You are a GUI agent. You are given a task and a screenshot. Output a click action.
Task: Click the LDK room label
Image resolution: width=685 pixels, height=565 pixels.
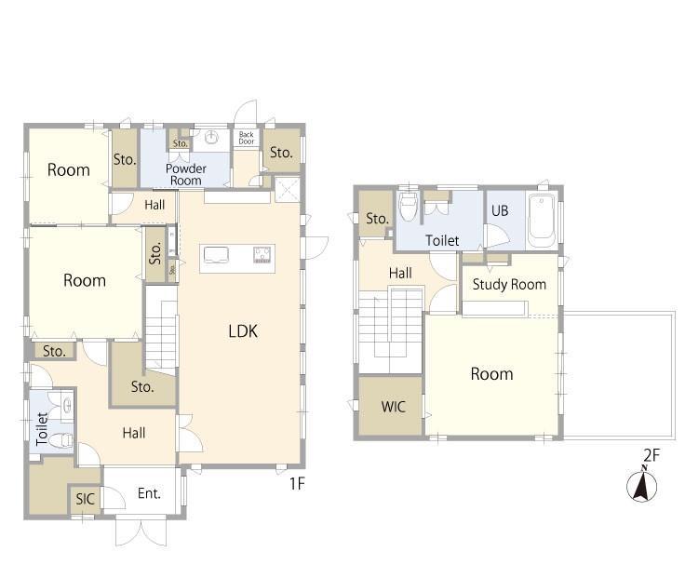[243, 330]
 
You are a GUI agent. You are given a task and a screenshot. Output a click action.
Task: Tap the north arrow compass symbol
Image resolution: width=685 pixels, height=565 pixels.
[642, 485]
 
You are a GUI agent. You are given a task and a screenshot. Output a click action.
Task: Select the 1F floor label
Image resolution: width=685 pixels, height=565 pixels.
[297, 483]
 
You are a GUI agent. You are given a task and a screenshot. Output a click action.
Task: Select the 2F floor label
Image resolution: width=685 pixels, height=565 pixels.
[651, 455]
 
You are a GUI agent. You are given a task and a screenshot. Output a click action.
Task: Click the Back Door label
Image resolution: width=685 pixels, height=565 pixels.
[247, 138]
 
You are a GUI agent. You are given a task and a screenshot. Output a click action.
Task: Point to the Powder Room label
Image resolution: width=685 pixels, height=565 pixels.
[185, 174]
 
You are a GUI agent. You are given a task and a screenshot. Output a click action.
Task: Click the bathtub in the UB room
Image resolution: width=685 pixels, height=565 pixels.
[542, 221]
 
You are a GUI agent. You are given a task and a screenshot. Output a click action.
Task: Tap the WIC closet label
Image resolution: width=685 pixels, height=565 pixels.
[393, 407]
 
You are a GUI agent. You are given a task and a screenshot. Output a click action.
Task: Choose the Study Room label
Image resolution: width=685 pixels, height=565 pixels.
[509, 285]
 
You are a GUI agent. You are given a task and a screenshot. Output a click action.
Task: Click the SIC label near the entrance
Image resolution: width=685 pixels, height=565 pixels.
[85, 499]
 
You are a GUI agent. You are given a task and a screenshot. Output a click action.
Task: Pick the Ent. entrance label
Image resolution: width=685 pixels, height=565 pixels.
[149, 493]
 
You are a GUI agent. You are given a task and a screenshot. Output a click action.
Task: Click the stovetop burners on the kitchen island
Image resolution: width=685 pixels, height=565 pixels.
[262, 255]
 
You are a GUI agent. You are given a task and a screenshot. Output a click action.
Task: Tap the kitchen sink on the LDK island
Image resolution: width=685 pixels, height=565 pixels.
[216, 255]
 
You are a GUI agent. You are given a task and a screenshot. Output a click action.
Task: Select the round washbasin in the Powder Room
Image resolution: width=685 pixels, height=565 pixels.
[211, 137]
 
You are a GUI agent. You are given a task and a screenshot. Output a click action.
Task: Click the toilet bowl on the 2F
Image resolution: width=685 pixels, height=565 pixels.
[409, 208]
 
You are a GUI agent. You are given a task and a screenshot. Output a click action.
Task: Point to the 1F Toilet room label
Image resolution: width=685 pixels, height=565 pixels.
[42, 429]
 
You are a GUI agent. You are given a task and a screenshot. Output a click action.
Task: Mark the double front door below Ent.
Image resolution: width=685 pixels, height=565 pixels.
[141, 530]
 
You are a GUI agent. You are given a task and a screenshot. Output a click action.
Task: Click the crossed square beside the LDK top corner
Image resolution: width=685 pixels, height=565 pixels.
[288, 190]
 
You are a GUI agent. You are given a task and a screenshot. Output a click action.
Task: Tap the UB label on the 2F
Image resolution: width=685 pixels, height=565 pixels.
[500, 210]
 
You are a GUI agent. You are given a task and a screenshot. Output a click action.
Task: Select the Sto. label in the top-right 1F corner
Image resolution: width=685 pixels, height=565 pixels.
[281, 153]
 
